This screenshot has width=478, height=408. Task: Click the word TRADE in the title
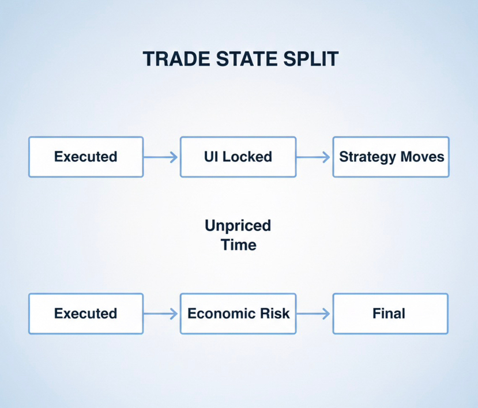(x=176, y=59)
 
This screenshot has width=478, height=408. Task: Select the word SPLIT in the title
(x=311, y=59)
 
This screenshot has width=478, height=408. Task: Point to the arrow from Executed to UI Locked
(x=161, y=157)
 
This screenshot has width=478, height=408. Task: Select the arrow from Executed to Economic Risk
(x=161, y=313)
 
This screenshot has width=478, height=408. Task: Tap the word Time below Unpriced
(x=239, y=245)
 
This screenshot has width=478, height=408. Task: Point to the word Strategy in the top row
(x=367, y=157)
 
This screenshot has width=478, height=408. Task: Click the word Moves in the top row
(x=422, y=157)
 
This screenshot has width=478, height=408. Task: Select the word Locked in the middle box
(x=247, y=157)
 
